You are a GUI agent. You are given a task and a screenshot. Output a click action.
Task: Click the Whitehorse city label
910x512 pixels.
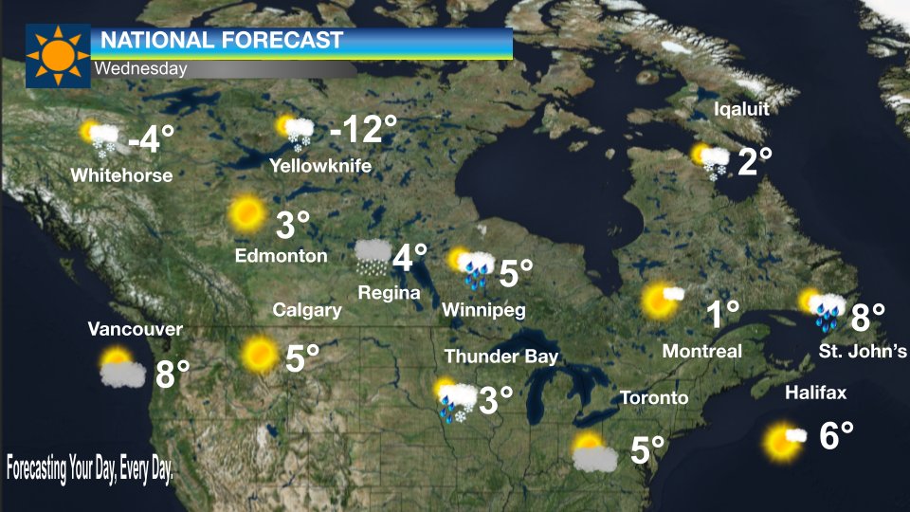(x=121, y=175)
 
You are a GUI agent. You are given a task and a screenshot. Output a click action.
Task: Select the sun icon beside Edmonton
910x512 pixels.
(x=246, y=214)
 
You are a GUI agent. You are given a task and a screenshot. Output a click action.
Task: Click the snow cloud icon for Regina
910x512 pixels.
(x=372, y=256)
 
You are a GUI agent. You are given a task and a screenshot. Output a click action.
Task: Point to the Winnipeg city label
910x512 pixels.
(x=483, y=310)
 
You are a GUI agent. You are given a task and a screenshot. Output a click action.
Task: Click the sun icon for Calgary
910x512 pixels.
(x=258, y=355)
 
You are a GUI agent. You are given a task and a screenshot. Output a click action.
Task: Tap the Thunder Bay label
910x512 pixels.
(x=501, y=357)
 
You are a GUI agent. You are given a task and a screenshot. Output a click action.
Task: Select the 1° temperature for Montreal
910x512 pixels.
(x=722, y=314)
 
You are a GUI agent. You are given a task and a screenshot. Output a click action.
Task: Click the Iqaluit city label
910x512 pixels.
(x=740, y=109)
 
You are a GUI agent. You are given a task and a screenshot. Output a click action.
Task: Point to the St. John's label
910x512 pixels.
(x=863, y=352)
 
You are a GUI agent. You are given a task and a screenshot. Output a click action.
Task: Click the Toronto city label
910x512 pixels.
(x=654, y=397)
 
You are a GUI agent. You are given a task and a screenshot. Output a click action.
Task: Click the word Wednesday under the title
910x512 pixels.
(x=140, y=69)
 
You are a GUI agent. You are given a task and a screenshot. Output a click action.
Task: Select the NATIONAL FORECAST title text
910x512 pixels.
(x=221, y=41)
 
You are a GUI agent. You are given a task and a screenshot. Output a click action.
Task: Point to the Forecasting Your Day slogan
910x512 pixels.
(x=90, y=468)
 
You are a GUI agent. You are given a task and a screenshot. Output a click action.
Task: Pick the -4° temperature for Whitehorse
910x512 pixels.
(x=152, y=139)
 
